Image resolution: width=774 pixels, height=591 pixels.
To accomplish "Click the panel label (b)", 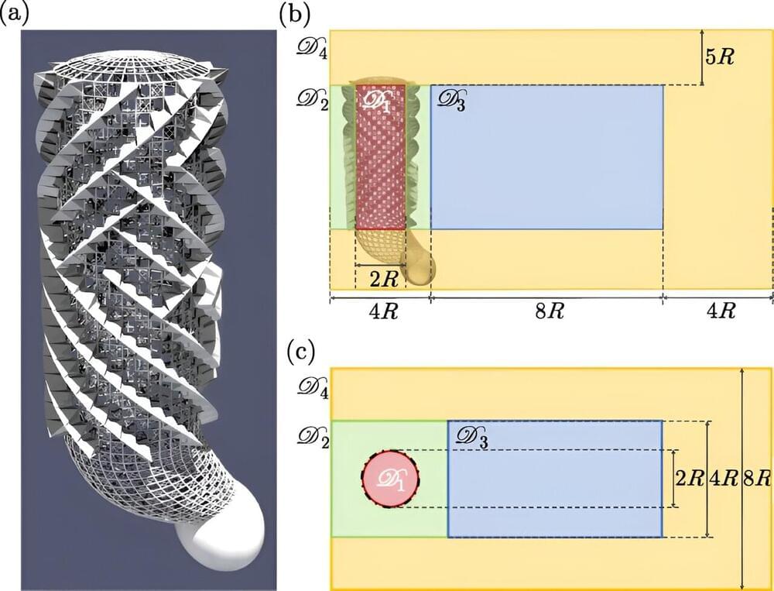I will [301, 14].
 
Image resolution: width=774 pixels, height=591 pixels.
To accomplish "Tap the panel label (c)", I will [301, 353].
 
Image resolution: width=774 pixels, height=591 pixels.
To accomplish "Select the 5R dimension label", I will [723, 58].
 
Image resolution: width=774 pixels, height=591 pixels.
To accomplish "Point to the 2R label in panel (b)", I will [372, 277].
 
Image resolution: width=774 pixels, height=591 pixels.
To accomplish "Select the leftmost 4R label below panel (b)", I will [379, 311].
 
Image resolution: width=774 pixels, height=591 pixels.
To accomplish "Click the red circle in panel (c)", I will [391, 479].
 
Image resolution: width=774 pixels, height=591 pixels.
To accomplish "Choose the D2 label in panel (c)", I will [307, 436].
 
